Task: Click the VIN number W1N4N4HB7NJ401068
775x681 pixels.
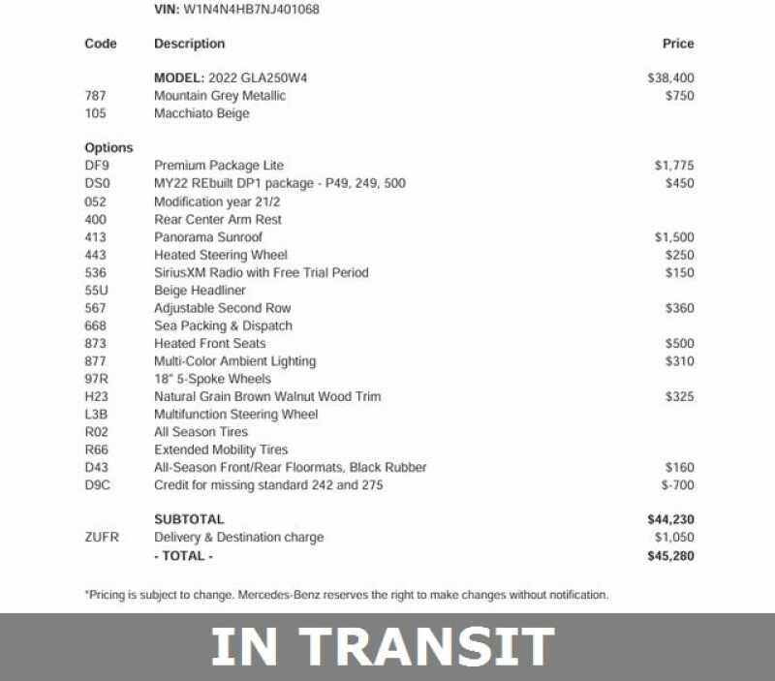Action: [251, 10]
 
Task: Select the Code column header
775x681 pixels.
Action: [101, 44]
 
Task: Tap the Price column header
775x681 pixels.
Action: [678, 44]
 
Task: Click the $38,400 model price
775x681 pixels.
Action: [670, 77]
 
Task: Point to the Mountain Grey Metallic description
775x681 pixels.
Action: [220, 96]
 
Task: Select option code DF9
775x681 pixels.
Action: [97, 166]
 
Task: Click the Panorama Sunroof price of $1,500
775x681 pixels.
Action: [673, 237]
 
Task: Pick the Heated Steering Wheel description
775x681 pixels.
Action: [221, 255]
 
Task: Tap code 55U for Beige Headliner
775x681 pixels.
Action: [96, 291]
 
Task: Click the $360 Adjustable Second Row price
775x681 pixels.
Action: [679, 308]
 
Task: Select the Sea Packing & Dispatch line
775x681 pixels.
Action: [223, 325]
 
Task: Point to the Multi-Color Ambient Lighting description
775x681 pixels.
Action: [234, 361]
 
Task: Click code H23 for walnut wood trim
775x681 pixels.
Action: [97, 396]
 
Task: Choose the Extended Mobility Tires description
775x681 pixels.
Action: [221, 449]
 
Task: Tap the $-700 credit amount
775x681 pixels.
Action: [677, 484]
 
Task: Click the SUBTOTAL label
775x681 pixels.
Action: [189, 519]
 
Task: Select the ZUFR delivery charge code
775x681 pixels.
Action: [102, 537]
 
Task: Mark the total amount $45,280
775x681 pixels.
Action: [670, 556]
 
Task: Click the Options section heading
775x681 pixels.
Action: [108, 148]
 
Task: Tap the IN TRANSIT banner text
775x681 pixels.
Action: [383, 647]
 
